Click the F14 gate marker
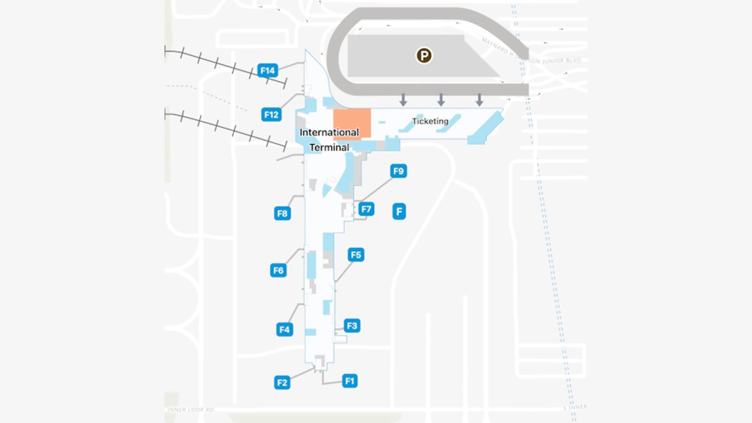(x=267, y=71)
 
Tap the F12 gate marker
(x=271, y=115)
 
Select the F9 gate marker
(x=398, y=171)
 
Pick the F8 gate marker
(x=283, y=213)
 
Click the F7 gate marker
(x=366, y=209)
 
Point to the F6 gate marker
(x=278, y=270)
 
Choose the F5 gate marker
(x=355, y=254)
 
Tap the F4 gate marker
(x=285, y=330)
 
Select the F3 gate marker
(x=351, y=325)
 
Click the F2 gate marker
(x=283, y=382)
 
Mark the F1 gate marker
(x=350, y=381)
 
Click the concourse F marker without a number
(x=399, y=211)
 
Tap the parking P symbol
(x=424, y=56)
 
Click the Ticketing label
(x=430, y=122)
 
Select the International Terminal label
(x=329, y=140)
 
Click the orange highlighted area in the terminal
(x=352, y=123)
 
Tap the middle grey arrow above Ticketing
(x=441, y=99)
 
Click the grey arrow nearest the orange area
(x=403, y=99)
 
